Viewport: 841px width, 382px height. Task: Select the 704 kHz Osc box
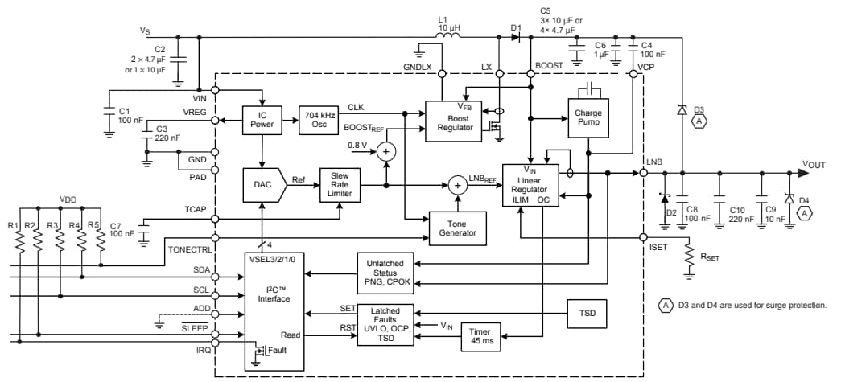pyautogui.click(x=319, y=119)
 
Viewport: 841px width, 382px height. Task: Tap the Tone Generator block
pyautogui.click(x=458, y=228)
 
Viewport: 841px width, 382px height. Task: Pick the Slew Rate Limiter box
pyautogui.click(x=340, y=185)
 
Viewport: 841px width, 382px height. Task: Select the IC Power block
pyautogui.click(x=262, y=119)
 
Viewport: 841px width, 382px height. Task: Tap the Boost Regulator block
pyautogui.click(x=454, y=121)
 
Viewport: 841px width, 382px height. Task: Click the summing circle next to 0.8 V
pyautogui.click(x=387, y=150)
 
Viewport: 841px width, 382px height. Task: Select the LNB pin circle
pyautogui.click(x=643, y=172)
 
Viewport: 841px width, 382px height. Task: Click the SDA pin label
pyautogui.click(x=204, y=269)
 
